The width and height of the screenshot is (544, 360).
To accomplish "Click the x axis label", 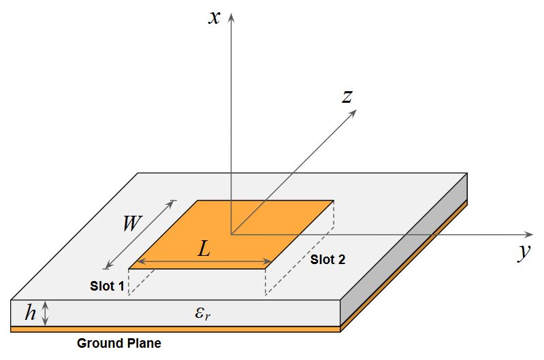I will (x=215, y=16).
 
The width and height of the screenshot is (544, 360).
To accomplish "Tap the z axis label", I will (x=347, y=97).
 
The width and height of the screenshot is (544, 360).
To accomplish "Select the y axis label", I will (x=523, y=252).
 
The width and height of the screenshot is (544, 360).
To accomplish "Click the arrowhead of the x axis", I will (x=231, y=16).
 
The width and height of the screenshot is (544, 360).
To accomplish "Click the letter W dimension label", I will (x=133, y=223).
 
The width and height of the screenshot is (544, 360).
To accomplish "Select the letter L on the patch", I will (x=204, y=249).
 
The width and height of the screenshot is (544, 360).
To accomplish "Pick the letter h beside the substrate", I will (x=30, y=313).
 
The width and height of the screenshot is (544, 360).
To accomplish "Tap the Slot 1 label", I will (x=107, y=286).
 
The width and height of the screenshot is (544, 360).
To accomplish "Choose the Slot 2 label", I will (x=328, y=259).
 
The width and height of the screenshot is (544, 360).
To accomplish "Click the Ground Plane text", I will (x=119, y=343).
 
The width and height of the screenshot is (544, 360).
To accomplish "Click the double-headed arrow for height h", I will (x=46, y=313).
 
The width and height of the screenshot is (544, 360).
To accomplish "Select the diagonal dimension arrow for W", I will (x=140, y=233).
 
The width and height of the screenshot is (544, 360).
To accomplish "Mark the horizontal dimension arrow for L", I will (x=204, y=262).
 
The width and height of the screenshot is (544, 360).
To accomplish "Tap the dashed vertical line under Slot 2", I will (x=265, y=282).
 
